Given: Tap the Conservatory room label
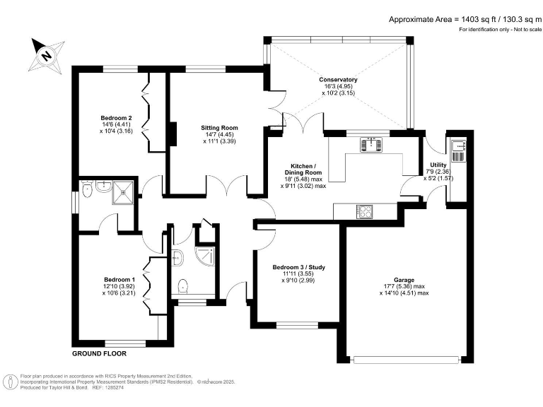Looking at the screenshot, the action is tap(338, 80).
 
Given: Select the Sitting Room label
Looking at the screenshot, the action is tap(219, 128).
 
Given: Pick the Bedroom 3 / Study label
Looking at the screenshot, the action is tap(298, 267).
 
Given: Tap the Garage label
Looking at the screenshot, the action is tap(404, 280).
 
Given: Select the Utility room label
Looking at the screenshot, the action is tap(438, 165).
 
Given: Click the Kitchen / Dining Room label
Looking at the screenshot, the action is tap(303, 170).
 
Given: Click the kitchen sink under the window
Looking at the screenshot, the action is tap(371, 145).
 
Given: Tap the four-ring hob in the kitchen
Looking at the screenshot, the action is tap(365, 211).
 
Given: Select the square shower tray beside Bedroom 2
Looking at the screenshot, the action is tap(122, 192).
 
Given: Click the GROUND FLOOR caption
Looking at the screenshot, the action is tap(100, 354).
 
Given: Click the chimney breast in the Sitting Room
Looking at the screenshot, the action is tap(173, 134).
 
